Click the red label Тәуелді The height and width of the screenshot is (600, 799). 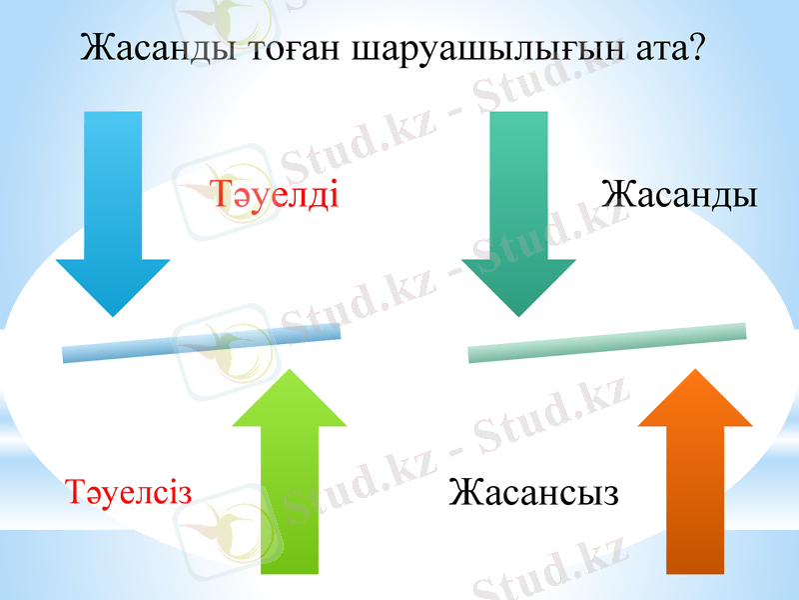pyautogui.click(x=276, y=192)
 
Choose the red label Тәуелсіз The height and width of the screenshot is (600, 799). pyautogui.click(x=129, y=491)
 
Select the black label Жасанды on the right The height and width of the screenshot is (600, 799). pyautogui.click(x=679, y=192)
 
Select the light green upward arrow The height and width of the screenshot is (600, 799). pyautogui.click(x=289, y=480)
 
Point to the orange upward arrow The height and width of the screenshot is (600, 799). pyautogui.click(x=694, y=480)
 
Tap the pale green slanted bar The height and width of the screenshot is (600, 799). pyautogui.click(x=607, y=342)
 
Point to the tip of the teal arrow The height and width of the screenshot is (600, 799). pyautogui.click(x=518, y=316)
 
